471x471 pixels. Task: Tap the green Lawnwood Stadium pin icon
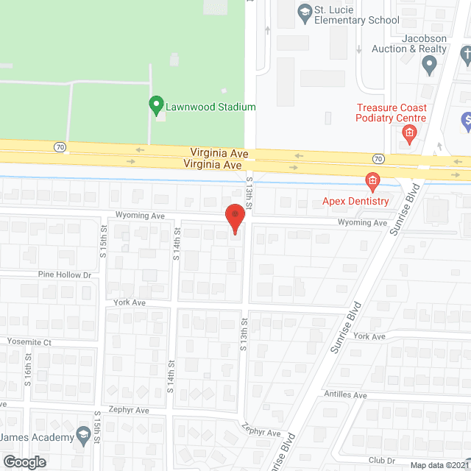coord(156,105)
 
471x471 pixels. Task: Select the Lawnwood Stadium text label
coord(210,107)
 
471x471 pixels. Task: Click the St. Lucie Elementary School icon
coord(302,12)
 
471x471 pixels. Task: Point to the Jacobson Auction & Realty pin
coord(431,67)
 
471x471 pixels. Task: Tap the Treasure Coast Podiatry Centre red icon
coord(410,133)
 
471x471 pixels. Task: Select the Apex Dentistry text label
coord(355,201)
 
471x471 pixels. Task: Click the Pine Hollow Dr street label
coord(65,275)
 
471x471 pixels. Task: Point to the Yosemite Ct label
coord(29,342)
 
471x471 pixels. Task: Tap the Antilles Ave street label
coord(350,395)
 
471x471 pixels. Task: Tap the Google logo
coord(24,461)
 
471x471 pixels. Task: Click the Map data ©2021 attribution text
coord(439,465)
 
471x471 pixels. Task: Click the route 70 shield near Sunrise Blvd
coord(378,158)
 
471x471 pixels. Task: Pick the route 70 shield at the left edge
coord(59,147)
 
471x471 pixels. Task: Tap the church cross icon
coord(466,54)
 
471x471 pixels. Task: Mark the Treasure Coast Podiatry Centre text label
coord(390,113)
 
